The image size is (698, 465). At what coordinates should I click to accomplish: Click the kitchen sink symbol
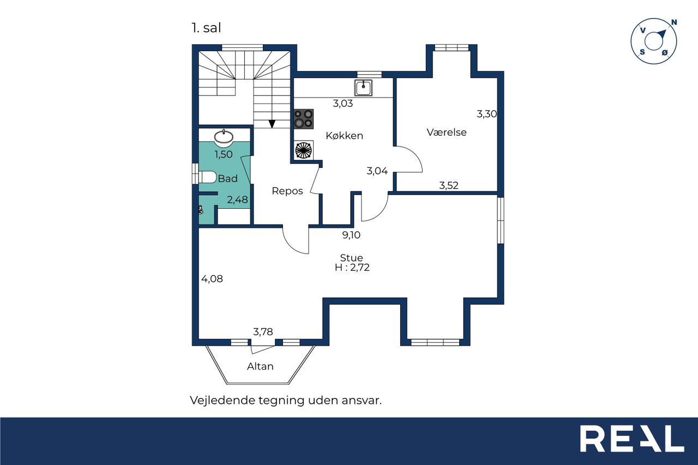(363, 88)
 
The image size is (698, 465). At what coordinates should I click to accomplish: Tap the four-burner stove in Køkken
(304, 119)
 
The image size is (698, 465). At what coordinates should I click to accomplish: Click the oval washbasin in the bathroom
(224, 137)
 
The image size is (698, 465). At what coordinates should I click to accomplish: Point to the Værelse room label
(447, 132)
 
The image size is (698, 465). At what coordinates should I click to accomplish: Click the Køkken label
(344, 136)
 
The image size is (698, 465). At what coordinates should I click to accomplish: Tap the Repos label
(287, 191)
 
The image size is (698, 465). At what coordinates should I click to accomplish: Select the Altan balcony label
(260, 366)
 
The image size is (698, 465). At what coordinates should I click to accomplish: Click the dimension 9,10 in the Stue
(351, 235)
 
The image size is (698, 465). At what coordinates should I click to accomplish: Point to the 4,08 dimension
(212, 279)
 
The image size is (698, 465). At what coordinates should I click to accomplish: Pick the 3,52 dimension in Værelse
(449, 186)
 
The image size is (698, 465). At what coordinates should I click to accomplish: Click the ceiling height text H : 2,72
(352, 268)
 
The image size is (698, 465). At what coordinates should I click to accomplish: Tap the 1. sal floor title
(206, 28)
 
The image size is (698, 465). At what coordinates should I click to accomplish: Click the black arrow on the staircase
(272, 124)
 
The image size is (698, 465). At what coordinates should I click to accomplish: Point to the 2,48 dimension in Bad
(237, 200)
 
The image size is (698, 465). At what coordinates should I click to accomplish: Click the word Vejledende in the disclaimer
(222, 400)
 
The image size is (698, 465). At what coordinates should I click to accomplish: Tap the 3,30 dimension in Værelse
(487, 114)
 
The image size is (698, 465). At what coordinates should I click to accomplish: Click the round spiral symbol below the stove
(304, 150)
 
